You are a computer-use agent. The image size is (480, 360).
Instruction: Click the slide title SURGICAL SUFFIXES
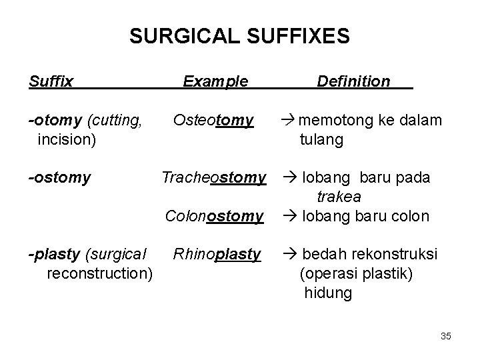(x=239, y=37)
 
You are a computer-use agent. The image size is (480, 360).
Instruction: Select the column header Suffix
(x=51, y=82)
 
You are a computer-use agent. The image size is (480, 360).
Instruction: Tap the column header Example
(x=215, y=82)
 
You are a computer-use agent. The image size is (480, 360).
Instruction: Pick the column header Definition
(x=353, y=82)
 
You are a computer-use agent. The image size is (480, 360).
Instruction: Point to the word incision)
(x=67, y=140)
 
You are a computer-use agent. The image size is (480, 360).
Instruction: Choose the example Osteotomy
(x=213, y=121)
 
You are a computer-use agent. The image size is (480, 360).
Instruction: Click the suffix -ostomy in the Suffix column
(x=59, y=179)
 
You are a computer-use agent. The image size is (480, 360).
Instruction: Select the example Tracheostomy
(x=214, y=179)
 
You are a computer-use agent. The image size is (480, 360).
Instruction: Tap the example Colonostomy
(x=214, y=217)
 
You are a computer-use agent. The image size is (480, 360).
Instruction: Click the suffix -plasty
(x=51, y=255)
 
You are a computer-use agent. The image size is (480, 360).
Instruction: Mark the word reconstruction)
(x=101, y=274)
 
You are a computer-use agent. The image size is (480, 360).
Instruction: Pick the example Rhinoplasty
(x=217, y=255)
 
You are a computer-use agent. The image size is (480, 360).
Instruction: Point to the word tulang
(x=322, y=140)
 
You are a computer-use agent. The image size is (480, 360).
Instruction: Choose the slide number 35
(x=445, y=337)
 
